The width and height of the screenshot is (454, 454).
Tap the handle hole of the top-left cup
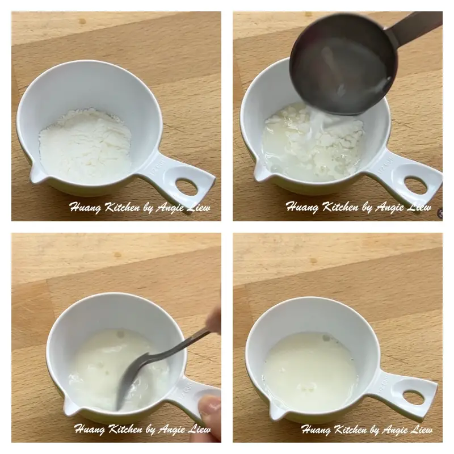186,186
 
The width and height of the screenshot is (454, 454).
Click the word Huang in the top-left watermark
86,208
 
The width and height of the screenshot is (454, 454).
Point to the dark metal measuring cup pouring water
340,62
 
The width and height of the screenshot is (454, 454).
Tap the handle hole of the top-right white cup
415,184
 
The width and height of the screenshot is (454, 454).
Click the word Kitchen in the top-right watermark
340,208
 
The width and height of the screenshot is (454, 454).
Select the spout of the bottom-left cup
70,406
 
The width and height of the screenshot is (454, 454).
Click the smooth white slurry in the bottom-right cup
309,369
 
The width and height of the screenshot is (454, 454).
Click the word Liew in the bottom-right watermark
420,430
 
